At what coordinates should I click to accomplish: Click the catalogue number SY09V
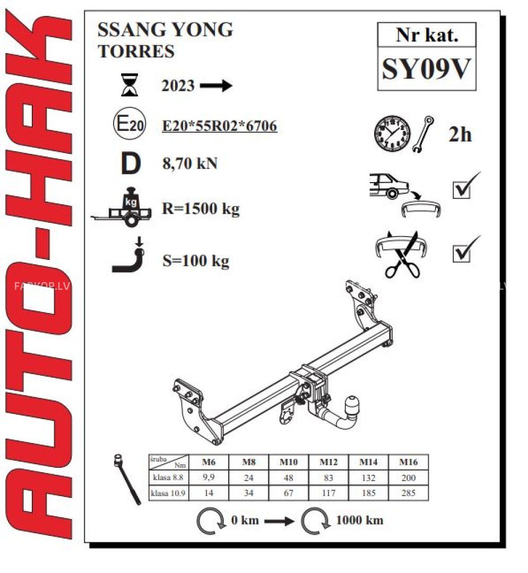tap(426, 69)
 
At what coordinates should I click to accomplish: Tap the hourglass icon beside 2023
tap(129, 85)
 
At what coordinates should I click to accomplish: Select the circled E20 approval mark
tap(129, 123)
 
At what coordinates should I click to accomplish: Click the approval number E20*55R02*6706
tap(220, 126)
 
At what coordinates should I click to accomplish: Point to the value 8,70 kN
tap(190, 163)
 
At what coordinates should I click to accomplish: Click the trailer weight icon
tap(122, 207)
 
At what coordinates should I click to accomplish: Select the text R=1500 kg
tap(201, 209)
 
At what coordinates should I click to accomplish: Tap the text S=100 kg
tap(196, 261)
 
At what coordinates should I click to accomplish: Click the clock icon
tap(392, 133)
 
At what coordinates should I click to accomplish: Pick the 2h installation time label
tap(460, 134)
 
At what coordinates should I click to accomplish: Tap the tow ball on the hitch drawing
tap(352, 405)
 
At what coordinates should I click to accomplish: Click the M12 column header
tap(328, 462)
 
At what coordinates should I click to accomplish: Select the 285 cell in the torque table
tap(408, 493)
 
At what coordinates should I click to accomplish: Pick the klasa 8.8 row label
tap(168, 477)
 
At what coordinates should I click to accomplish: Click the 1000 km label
tap(360, 520)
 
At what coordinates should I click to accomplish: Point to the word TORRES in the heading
tap(136, 51)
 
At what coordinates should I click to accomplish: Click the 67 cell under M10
tap(288, 493)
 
